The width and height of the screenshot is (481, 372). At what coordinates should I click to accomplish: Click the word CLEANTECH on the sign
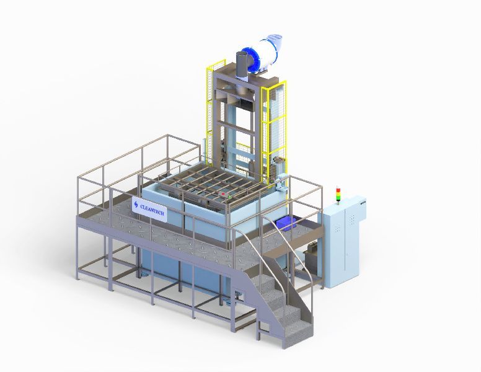152,210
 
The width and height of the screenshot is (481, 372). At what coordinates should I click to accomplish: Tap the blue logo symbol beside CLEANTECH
136,205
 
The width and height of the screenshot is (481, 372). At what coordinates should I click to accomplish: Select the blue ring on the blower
252,60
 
